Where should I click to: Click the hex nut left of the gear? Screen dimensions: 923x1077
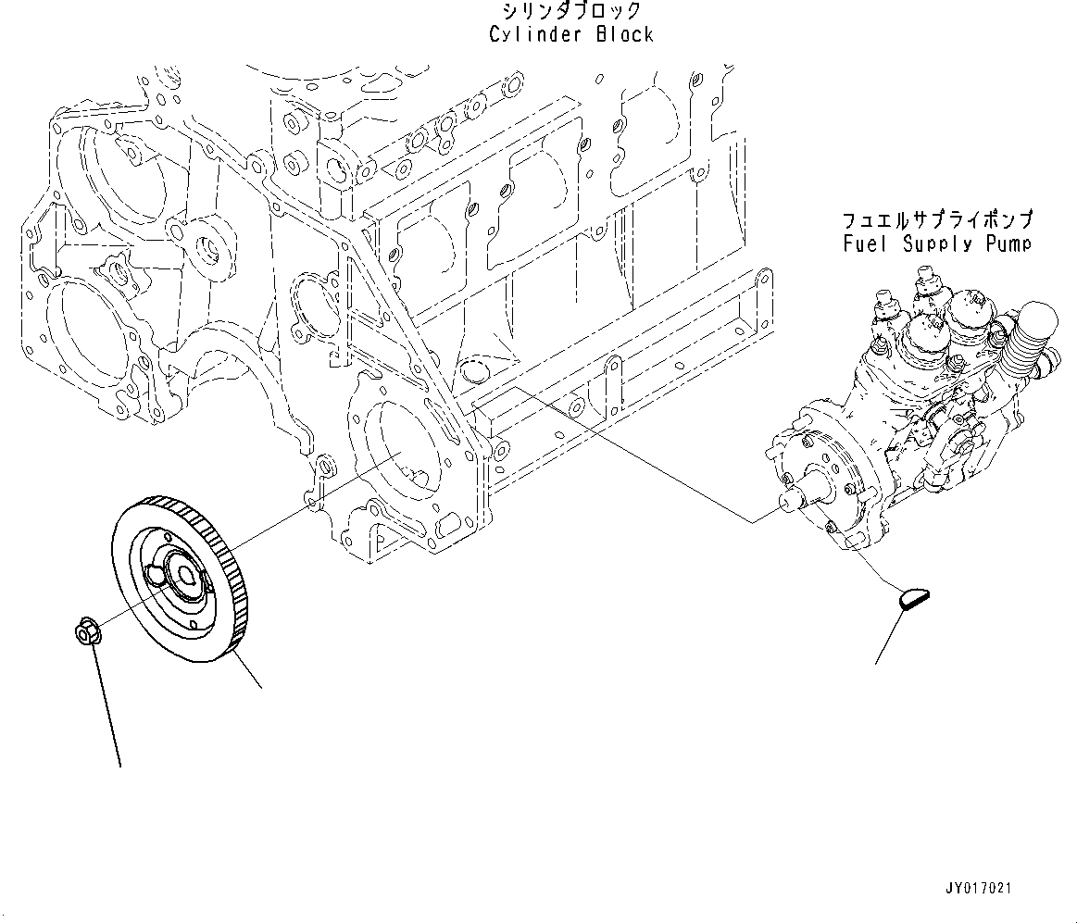click(x=84, y=633)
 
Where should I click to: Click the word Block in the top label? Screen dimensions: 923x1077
click(x=625, y=34)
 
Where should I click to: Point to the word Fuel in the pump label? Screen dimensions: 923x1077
click(x=862, y=243)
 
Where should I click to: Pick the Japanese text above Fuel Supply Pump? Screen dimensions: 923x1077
click(x=937, y=221)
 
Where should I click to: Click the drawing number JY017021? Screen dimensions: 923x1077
click(x=978, y=888)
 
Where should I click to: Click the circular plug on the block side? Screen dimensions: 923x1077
click(x=475, y=373)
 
